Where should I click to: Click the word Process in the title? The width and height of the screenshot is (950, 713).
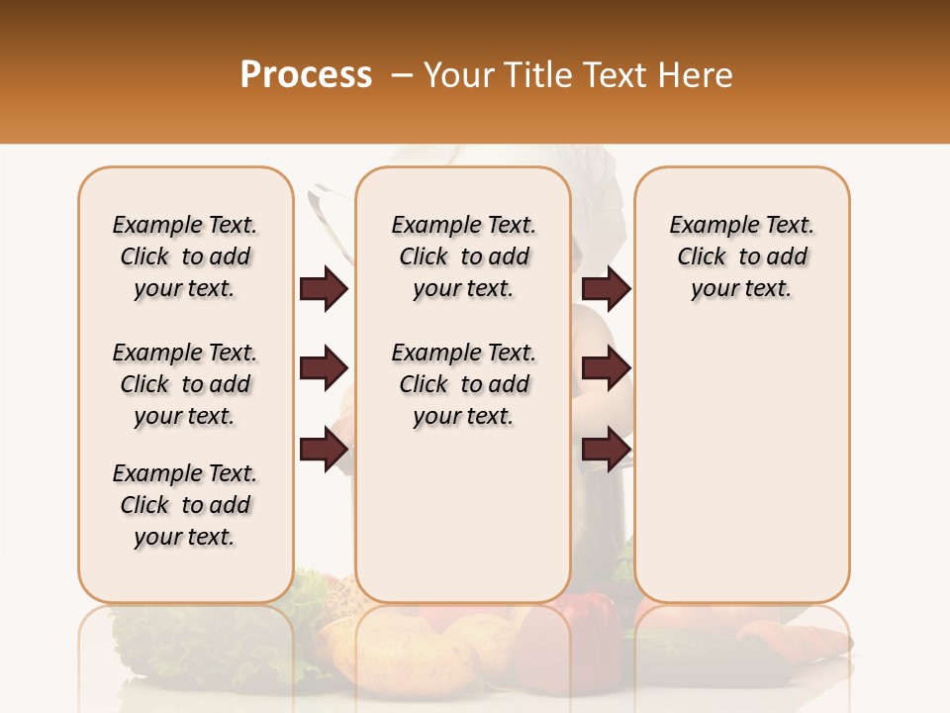point(306,75)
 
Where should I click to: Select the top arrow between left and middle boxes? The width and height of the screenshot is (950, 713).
point(324,289)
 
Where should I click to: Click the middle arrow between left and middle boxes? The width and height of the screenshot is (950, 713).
point(324,368)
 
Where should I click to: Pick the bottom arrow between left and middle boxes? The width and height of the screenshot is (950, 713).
point(324,449)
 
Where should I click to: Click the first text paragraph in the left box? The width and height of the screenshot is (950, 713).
point(185,256)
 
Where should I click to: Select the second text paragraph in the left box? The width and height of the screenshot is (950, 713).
point(185,384)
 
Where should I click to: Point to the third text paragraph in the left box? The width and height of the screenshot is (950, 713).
point(185,505)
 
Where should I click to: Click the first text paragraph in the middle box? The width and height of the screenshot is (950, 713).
point(463,256)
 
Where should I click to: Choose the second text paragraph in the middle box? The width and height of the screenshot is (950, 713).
point(463,384)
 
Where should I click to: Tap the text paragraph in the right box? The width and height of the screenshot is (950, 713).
point(741,256)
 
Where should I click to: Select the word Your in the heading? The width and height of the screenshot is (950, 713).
point(460,75)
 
